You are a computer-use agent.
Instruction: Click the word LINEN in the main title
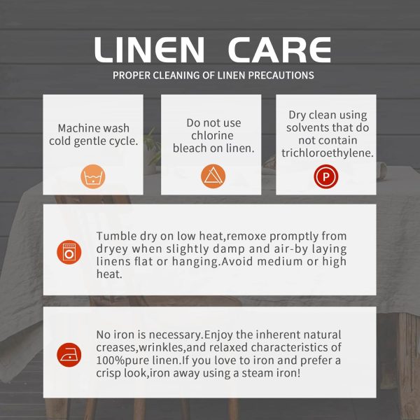[x=150, y=50]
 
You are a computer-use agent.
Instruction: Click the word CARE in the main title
[x=279, y=50]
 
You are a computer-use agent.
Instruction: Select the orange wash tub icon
[x=93, y=176]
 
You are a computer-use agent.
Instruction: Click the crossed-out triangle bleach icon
[x=213, y=176]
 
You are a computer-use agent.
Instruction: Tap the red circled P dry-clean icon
[x=326, y=176]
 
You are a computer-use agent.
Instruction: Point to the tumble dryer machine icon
[x=69, y=252]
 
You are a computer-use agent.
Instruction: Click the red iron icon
[x=69, y=355]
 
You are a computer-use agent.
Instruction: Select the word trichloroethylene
[x=328, y=153]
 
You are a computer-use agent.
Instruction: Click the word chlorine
[x=212, y=136]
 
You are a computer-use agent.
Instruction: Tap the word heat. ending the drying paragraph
[x=109, y=274]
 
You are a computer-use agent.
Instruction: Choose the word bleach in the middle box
[x=189, y=148]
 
